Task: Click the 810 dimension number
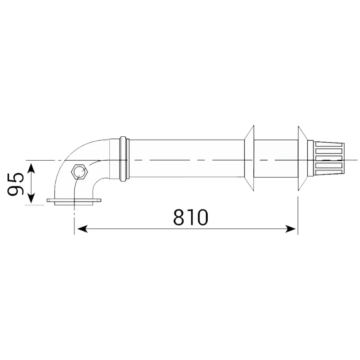(x=190, y=217)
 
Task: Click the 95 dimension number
(x=15, y=184)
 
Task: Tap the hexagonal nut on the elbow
(x=79, y=172)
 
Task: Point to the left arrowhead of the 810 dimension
(x=83, y=229)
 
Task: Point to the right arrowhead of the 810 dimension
(x=290, y=229)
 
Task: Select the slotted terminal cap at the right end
(x=329, y=159)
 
